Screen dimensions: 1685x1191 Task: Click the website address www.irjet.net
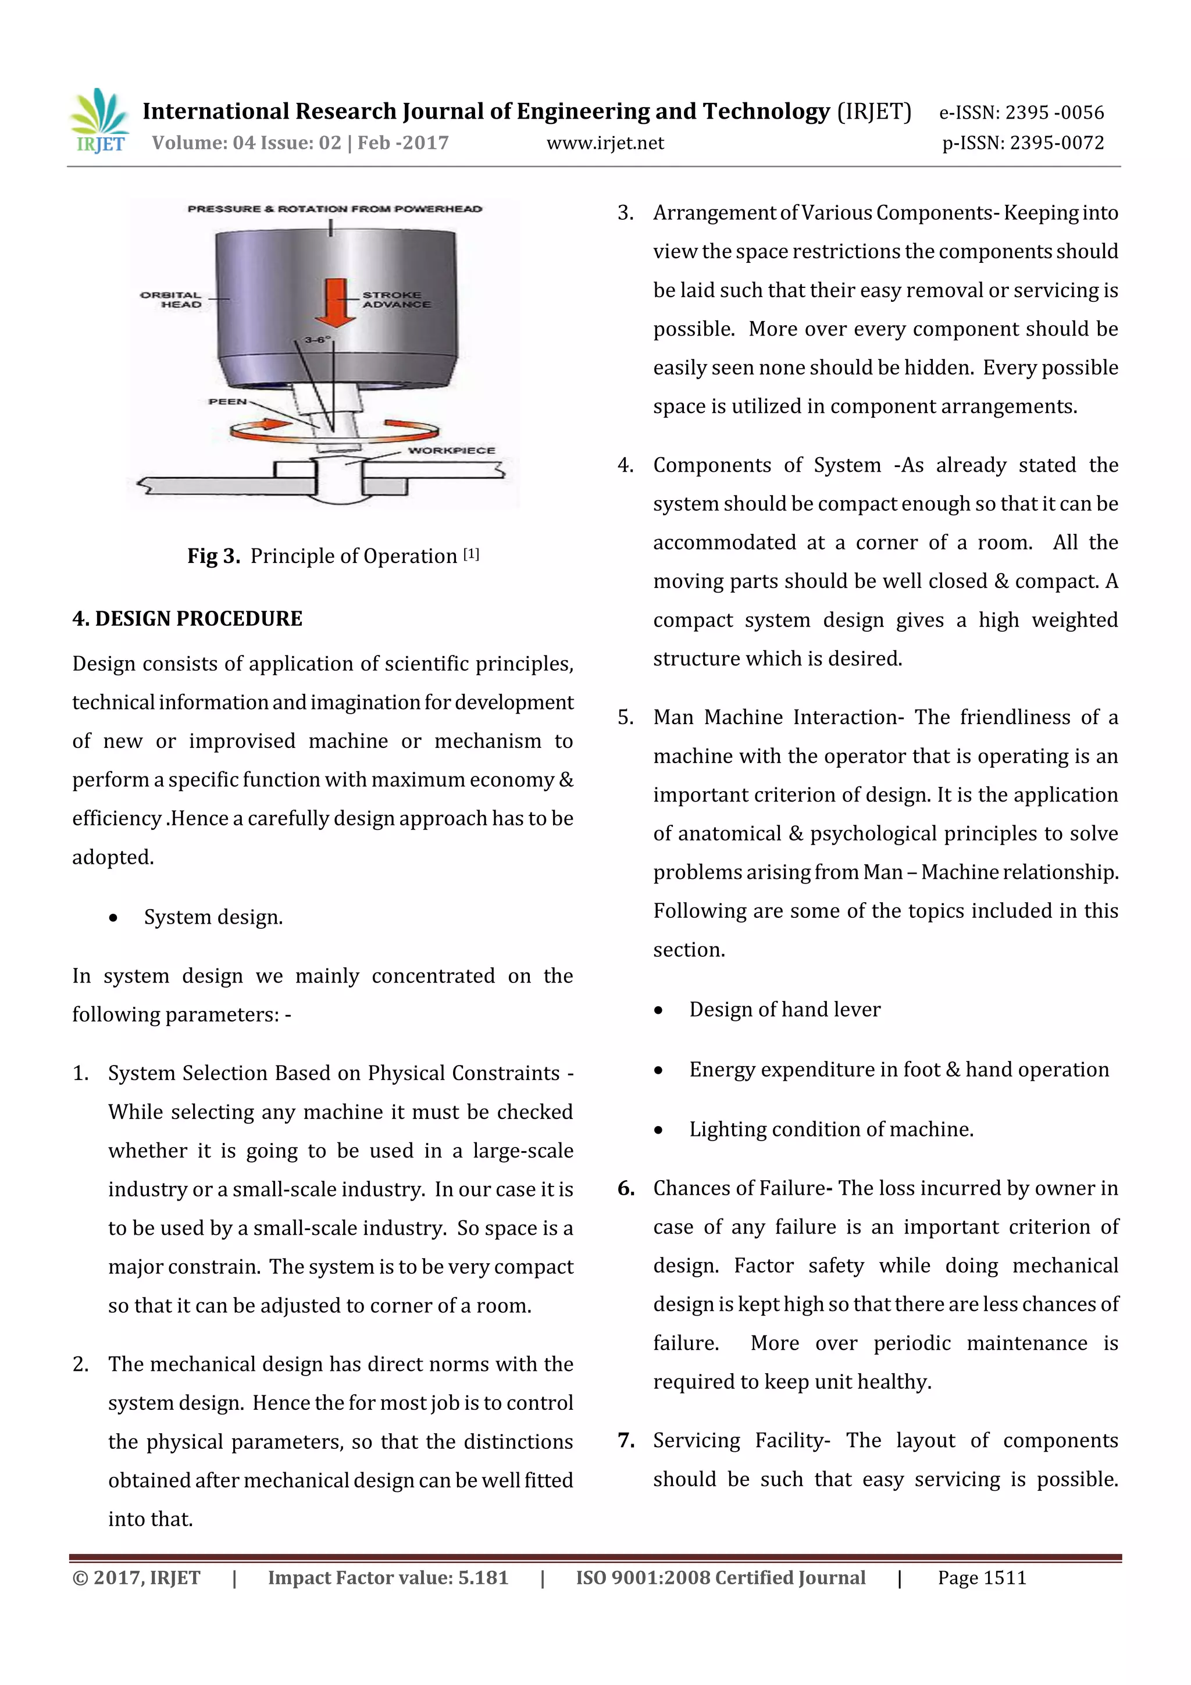[605, 143]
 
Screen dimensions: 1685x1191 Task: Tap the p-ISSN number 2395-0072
[1057, 143]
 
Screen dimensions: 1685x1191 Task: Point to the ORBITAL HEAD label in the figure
[171, 300]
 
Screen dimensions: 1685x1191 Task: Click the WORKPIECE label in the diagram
[451, 450]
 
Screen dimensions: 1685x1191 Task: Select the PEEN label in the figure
[227, 401]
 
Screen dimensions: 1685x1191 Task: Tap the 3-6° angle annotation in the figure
[318, 340]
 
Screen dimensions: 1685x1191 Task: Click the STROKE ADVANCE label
[395, 300]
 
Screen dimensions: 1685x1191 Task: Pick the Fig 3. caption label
[213, 556]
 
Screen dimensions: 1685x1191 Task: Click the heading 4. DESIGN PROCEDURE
[187, 619]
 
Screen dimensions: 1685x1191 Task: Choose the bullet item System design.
[213, 917]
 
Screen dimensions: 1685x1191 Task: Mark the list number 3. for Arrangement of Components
[625, 213]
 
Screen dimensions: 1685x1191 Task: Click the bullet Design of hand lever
[784, 1009]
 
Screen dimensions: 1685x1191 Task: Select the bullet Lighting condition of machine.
[830, 1129]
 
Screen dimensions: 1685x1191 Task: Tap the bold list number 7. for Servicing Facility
[626, 1440]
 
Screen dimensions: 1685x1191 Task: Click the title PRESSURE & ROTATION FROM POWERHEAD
[334, 209]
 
